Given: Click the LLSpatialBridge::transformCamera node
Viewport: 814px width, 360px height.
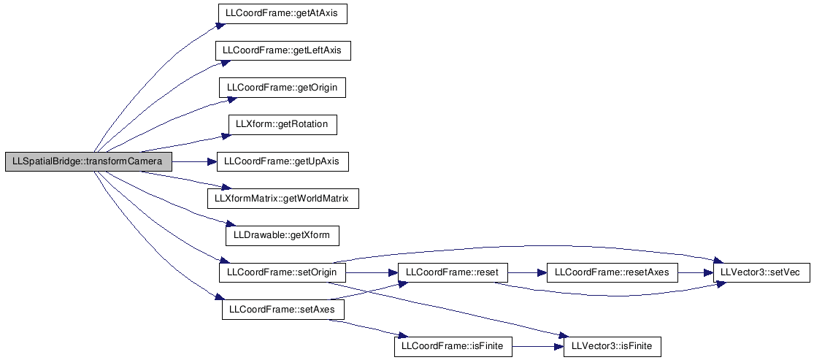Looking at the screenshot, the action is pos(88,162).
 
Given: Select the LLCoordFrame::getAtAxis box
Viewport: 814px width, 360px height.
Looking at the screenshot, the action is pos(282,13).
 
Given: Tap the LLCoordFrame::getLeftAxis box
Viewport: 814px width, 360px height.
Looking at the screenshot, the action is pos(283,50).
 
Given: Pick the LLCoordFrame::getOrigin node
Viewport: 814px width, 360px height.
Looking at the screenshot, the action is pos(283,88).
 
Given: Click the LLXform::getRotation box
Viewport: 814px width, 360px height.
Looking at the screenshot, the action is pos(283,125).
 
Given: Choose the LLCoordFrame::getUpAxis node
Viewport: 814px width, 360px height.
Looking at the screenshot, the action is pos(283,162).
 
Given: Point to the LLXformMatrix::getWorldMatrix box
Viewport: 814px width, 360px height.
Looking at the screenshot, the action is pos(283,199).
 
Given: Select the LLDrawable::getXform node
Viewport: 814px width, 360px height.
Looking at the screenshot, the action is pos(283,236).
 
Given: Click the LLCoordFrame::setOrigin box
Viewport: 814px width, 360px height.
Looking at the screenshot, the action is pos(283,272).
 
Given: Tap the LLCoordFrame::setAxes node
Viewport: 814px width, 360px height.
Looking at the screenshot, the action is pos(283,310).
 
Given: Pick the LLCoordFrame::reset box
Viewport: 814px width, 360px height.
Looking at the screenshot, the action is pos(452,272).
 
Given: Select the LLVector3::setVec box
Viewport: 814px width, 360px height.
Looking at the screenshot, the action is pos(761,272).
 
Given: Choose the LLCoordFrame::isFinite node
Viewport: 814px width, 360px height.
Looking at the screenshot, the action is pos(453,347).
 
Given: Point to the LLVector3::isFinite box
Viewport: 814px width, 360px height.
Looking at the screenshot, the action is pos(612,347).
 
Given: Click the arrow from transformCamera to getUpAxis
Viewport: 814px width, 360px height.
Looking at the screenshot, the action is pos(194,162).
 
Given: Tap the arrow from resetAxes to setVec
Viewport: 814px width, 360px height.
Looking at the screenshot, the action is pos(696,272).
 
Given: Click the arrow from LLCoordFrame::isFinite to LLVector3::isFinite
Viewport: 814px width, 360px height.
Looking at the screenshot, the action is pos(538,347).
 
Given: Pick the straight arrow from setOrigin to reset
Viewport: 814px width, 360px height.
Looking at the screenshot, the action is pos(371,272).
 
